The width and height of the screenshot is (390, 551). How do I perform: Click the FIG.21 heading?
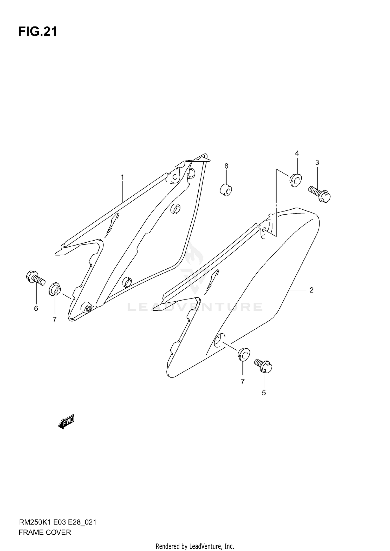[38, 32]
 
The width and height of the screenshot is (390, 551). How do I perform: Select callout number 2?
[311, 290]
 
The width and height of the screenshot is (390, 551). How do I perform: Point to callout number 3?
[317, 163]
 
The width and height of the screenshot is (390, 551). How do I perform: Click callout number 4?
[297, 153]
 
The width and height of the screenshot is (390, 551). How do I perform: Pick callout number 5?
[264, 393]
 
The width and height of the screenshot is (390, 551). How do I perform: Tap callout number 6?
[36, 308]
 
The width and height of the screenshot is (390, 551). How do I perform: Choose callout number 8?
[226, 166]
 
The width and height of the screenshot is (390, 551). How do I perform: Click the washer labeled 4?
[295, 180]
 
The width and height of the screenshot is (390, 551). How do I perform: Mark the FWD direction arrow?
[66, 421]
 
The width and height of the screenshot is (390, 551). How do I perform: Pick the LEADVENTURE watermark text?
[195, 307]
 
